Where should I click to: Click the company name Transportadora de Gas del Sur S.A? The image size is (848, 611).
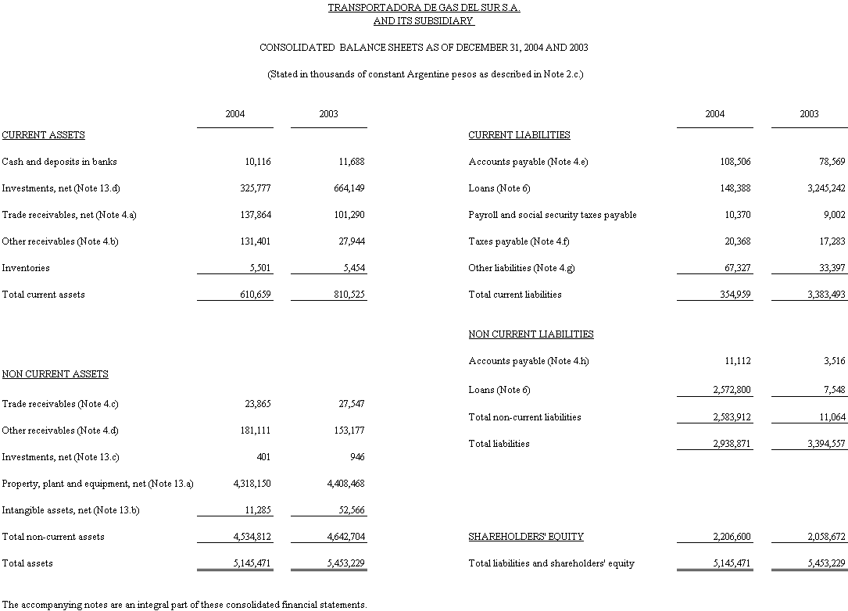424,8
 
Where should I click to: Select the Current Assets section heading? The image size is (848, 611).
44,135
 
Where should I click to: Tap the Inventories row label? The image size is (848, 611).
26,268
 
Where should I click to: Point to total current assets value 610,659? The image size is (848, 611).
256,295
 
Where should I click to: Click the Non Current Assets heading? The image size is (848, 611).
55,374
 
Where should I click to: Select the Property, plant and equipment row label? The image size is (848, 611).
98,484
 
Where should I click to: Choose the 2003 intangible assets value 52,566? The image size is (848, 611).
349,510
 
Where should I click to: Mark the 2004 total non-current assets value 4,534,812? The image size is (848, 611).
252,537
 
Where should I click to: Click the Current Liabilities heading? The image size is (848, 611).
519,135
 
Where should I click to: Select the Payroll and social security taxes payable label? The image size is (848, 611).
552,215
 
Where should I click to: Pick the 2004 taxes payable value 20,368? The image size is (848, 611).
735,241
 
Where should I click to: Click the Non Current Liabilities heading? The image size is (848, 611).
531,334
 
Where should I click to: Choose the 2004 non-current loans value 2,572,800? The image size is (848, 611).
732,390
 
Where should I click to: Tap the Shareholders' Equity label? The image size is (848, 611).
525,537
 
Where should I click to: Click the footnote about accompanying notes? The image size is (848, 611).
184,605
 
